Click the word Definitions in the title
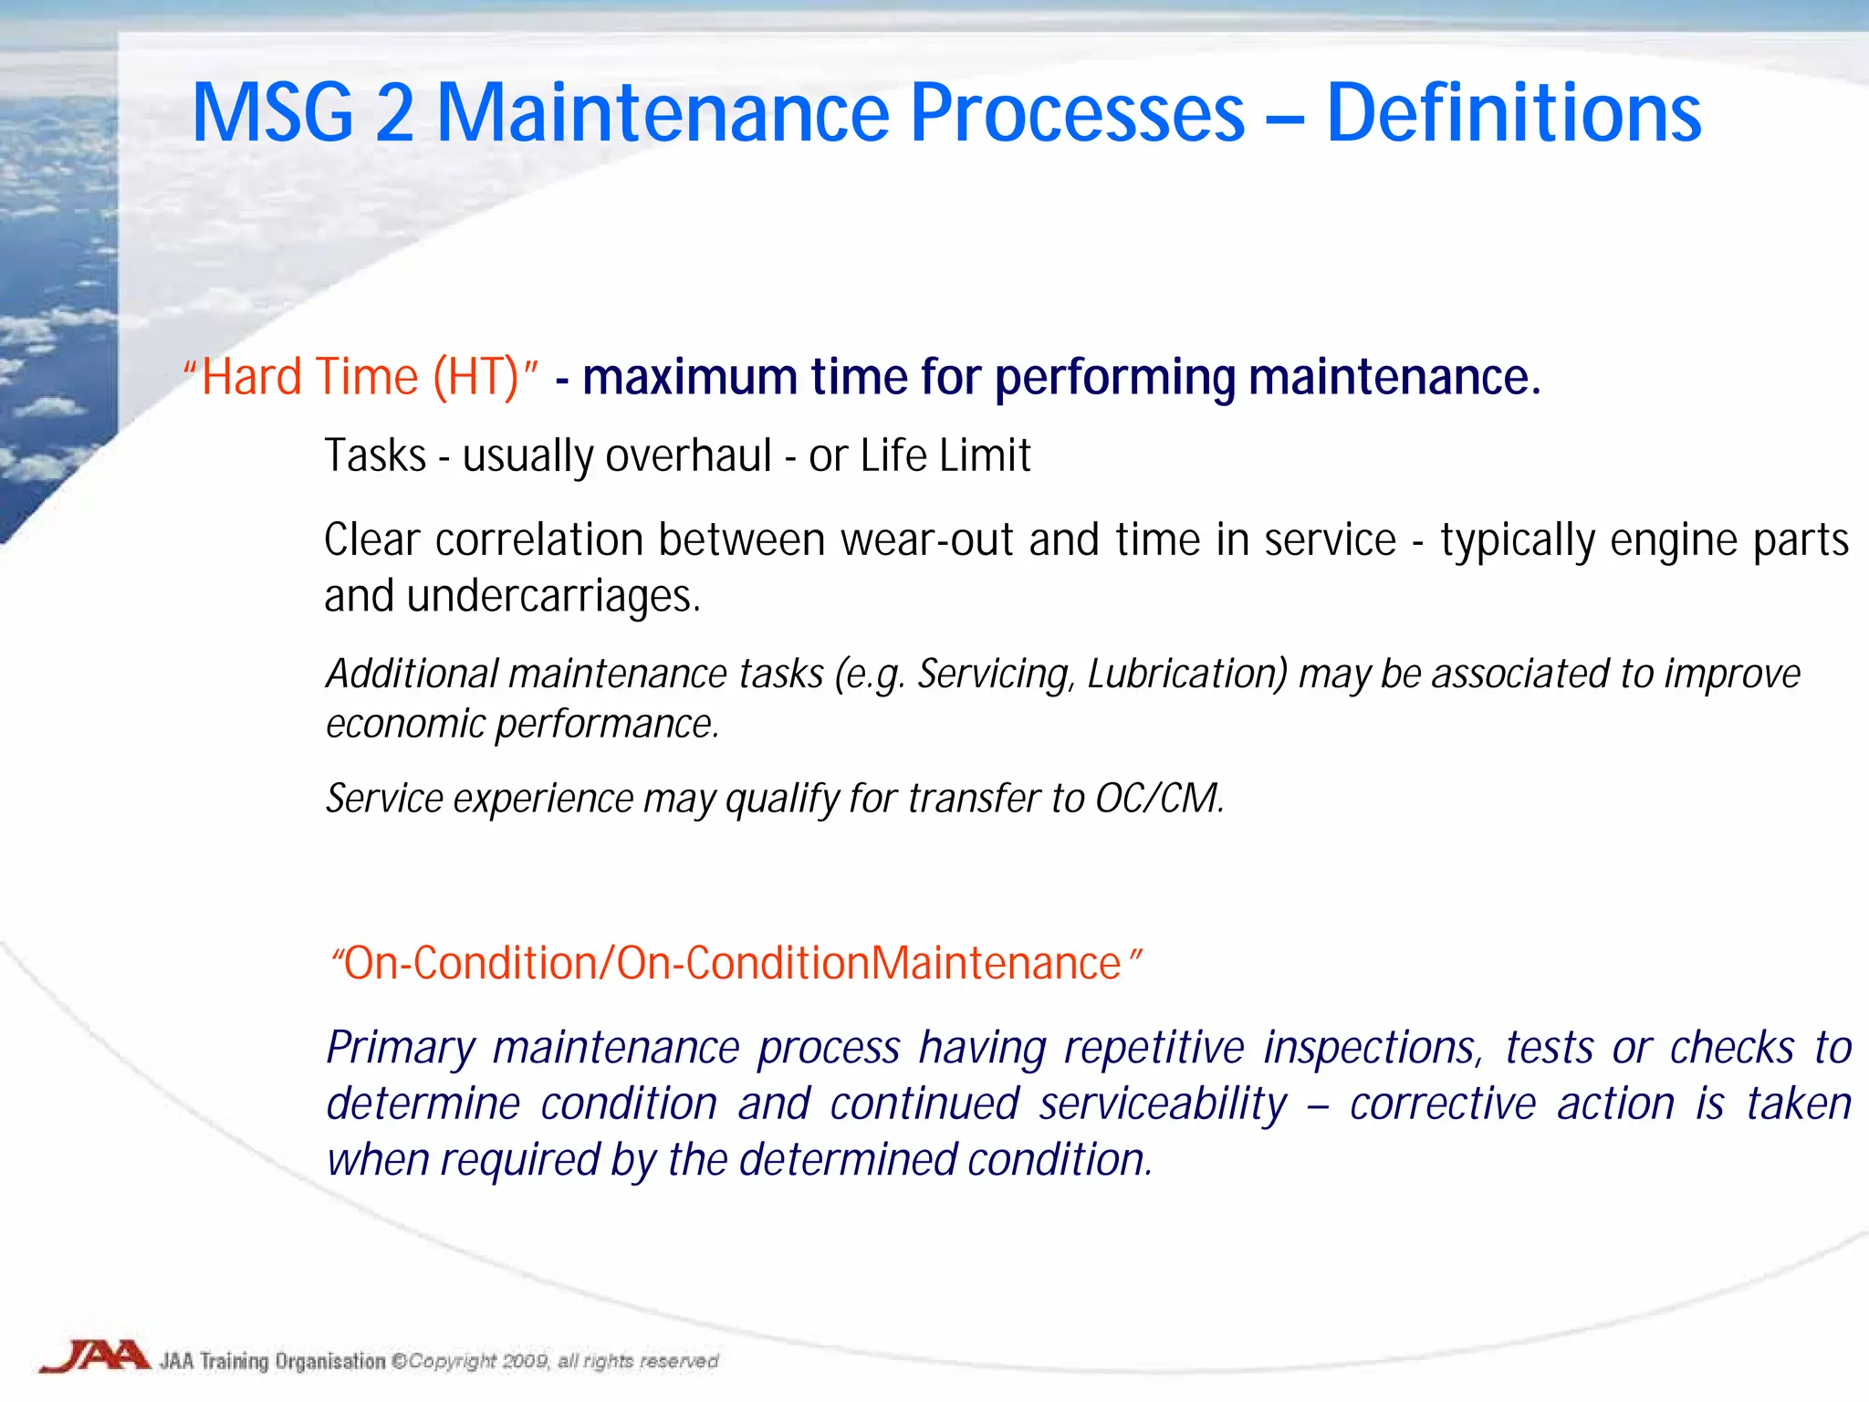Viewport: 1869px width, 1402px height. coord(1513,113)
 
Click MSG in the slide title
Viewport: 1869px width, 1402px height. coord(272,113)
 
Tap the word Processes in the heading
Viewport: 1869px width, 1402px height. coord(1077,113)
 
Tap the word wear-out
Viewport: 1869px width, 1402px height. coord(926,539)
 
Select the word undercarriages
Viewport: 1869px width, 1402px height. coord(553,596)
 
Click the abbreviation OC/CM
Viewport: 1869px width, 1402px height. coord(1157,799)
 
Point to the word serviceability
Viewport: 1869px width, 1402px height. coord(1163,1104)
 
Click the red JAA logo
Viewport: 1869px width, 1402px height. coord(95,1356)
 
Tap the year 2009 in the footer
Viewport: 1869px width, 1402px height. coord(525,1361)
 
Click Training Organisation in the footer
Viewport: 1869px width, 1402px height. coord(292,1361)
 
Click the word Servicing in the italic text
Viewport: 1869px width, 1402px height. coord(997,675)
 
